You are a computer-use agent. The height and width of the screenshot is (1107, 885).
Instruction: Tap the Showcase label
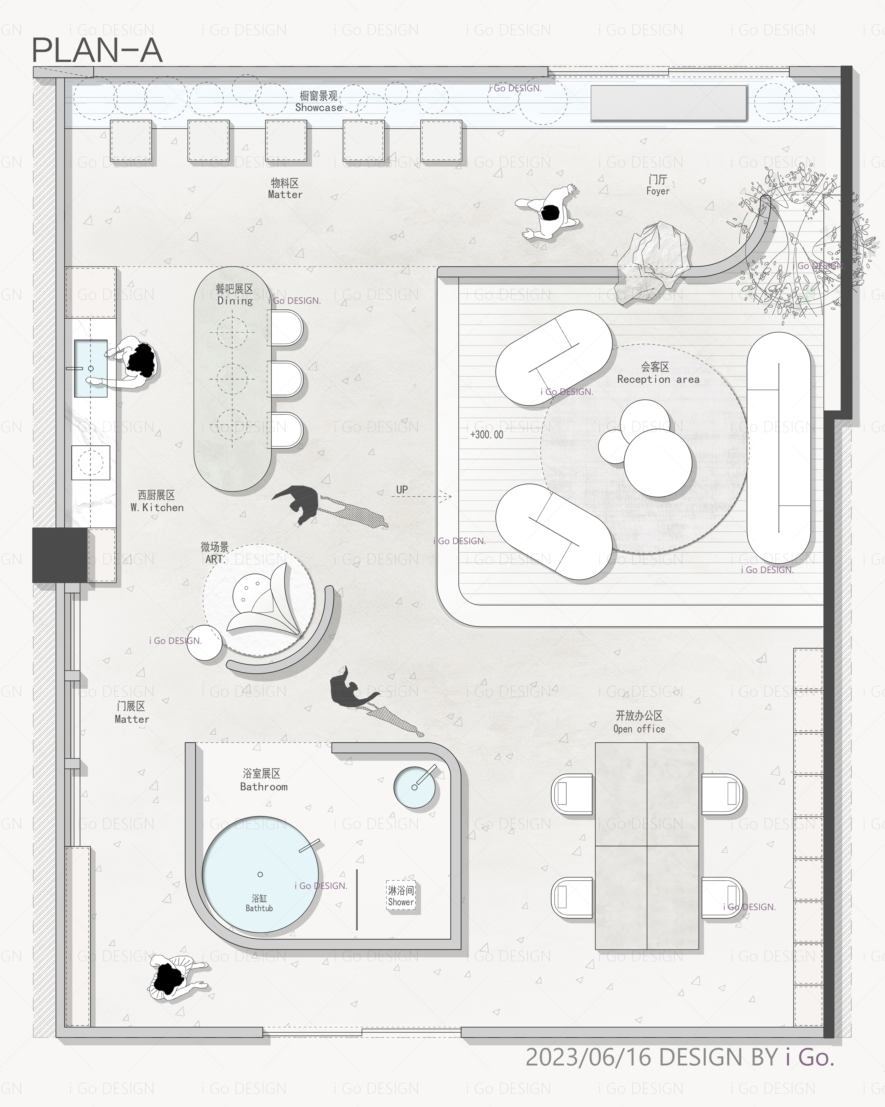click(x=319, y=107)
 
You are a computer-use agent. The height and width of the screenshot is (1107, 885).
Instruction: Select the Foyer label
click(x=658, y=191)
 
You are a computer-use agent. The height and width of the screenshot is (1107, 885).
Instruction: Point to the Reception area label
click(x=658, y=379)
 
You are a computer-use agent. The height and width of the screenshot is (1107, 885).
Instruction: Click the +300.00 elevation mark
click(x=487, y=434)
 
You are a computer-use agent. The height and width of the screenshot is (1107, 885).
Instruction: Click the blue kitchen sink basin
click(x=91, y=368)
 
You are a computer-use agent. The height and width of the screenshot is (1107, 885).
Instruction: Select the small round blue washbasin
click(x=414, y=787)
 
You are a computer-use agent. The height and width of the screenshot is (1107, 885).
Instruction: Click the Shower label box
click(x=401, y=896)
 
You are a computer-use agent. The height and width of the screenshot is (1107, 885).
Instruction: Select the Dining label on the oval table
click(x=235, y=301)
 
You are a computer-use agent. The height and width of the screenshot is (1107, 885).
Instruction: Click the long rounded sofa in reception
click(x=779, y=444)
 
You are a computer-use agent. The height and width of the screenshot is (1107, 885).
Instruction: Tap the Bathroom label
click(x=264, y=787)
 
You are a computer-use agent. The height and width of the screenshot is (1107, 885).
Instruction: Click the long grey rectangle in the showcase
click(x=668, y=103)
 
